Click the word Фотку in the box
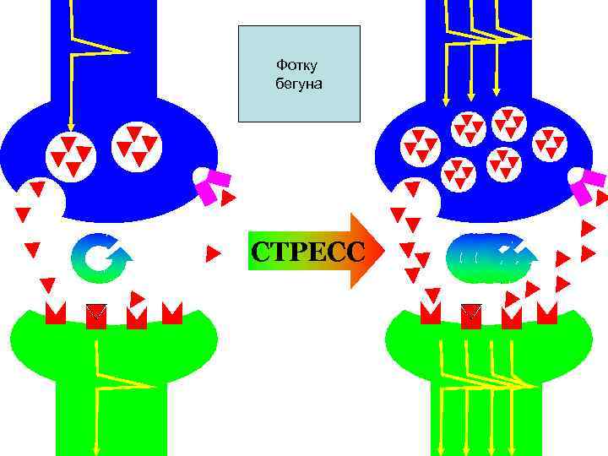point(292,65)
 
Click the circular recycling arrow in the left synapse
point(100,258)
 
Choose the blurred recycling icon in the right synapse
point(493,258)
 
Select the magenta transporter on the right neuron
point(586,186)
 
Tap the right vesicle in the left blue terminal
point(136,144)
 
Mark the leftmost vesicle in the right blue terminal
point(420,149)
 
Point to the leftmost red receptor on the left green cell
point(56,314)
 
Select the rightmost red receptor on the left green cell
point(172,313)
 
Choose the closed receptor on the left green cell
point(97,315)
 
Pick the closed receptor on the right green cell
point(471,315)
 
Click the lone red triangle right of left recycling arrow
point(214,252)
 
